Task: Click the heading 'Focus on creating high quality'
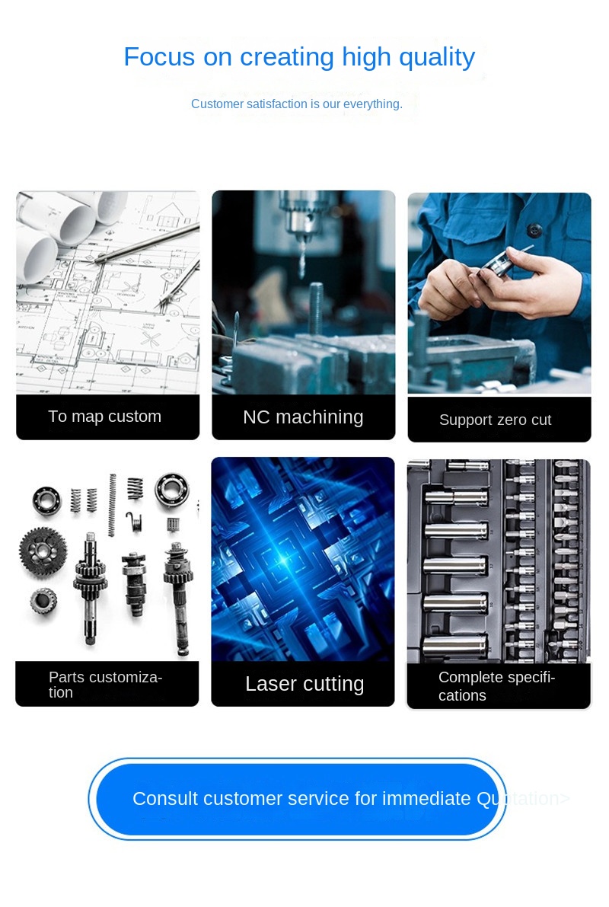pos(299,57)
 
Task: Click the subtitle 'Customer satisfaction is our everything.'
pos(297,104)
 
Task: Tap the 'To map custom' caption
pos(105,417)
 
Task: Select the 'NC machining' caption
pos(303,417)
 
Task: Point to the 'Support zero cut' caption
pos(495,420)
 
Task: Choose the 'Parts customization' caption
pos(105,685)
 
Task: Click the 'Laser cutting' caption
pos(304,684)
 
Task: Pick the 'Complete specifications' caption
pos(496,686)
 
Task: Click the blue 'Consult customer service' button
pos(298,799)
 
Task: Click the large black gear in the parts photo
pos(42,552)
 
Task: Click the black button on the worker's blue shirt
pos(533,230)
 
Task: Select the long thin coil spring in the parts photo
pos(112,504)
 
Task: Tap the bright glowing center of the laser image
pos(283,560)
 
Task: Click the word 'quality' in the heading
pos(437,58)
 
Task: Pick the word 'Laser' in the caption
pos(271,684)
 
